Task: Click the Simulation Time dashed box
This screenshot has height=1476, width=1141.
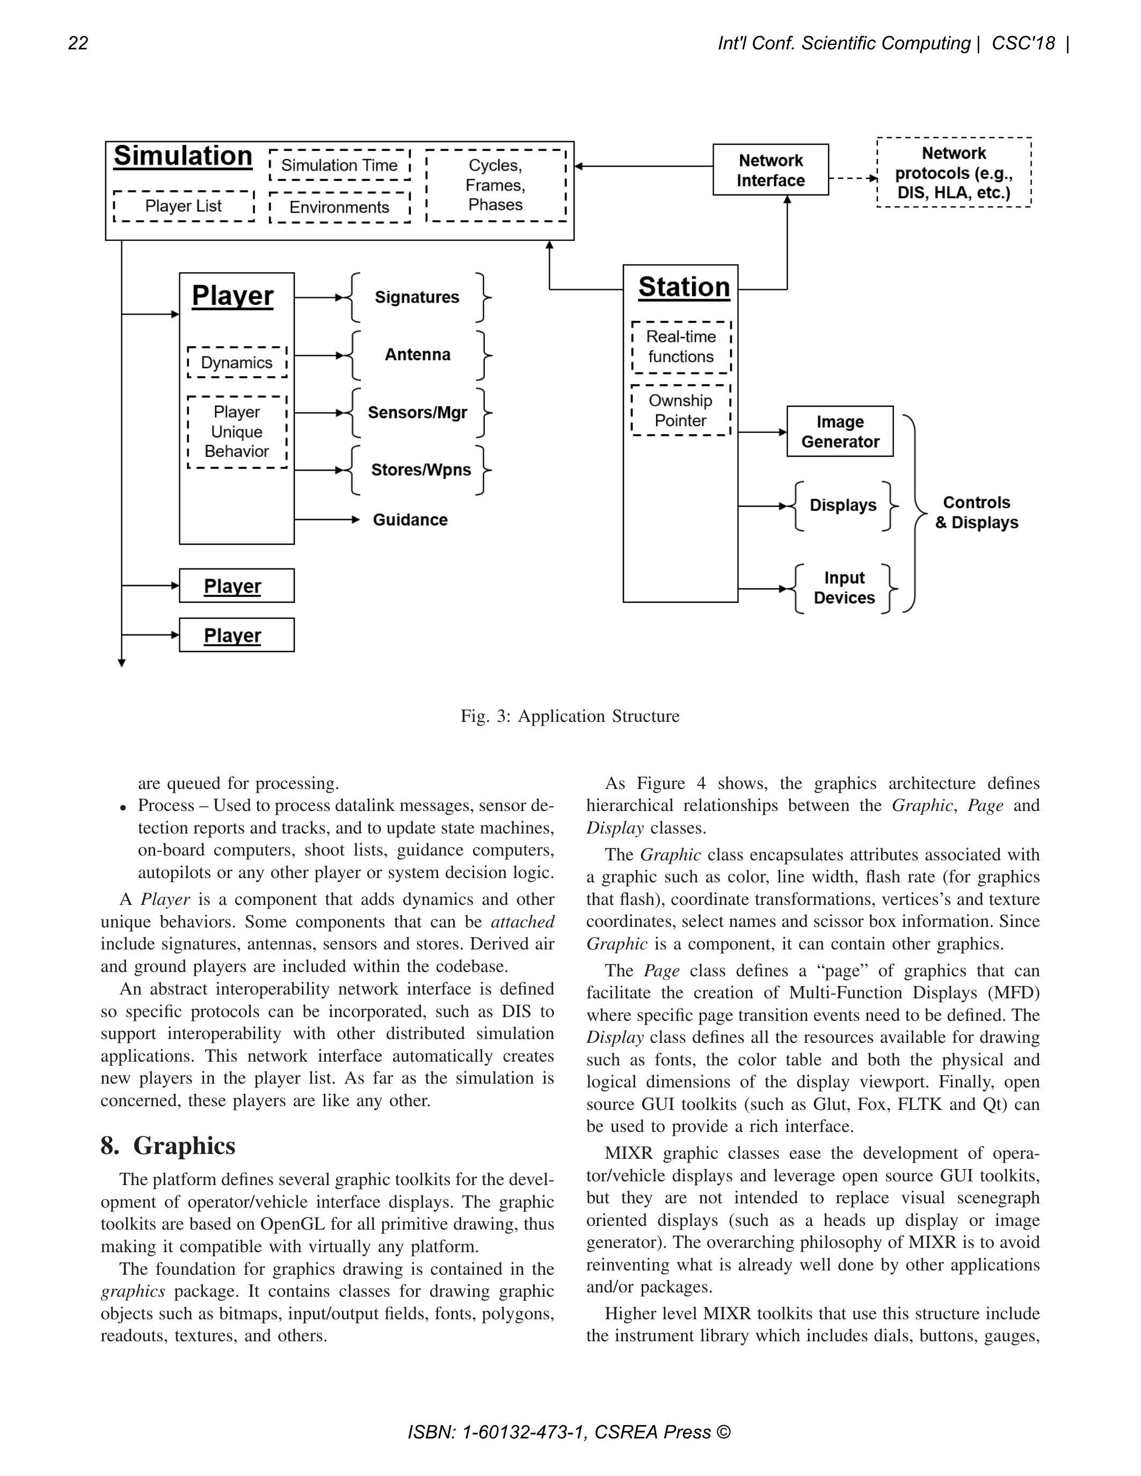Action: [x=339, y=165]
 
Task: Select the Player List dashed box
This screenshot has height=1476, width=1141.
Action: [x=183, y=206]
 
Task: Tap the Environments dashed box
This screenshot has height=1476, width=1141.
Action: [x=339, y=207]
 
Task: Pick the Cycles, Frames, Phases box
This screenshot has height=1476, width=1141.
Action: [x=496, y=185]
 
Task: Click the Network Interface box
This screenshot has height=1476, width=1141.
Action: [x=771, y=170]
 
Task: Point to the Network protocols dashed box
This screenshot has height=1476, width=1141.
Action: [x=954, y=173]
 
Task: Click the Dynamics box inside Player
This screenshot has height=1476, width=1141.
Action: [x=237, y=362]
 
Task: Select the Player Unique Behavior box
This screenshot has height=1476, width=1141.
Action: [x=237, y=432]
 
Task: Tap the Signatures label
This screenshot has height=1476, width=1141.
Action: [x=417, y=297]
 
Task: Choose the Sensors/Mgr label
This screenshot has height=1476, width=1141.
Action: [x=417, y=412]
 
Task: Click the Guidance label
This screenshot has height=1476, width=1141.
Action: [x=410, y=520]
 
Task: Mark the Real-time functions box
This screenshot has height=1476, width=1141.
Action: [x=681, y=347]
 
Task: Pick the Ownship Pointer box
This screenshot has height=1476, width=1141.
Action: [x=681, y=410]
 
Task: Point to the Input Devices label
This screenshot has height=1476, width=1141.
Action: [x=844, y=588]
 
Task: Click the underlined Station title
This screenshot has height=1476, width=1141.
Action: [x=684, y=287]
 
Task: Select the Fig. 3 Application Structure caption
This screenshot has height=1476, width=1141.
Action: [x=570, y=717]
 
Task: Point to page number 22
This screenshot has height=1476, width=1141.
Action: [x=78, y=43]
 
